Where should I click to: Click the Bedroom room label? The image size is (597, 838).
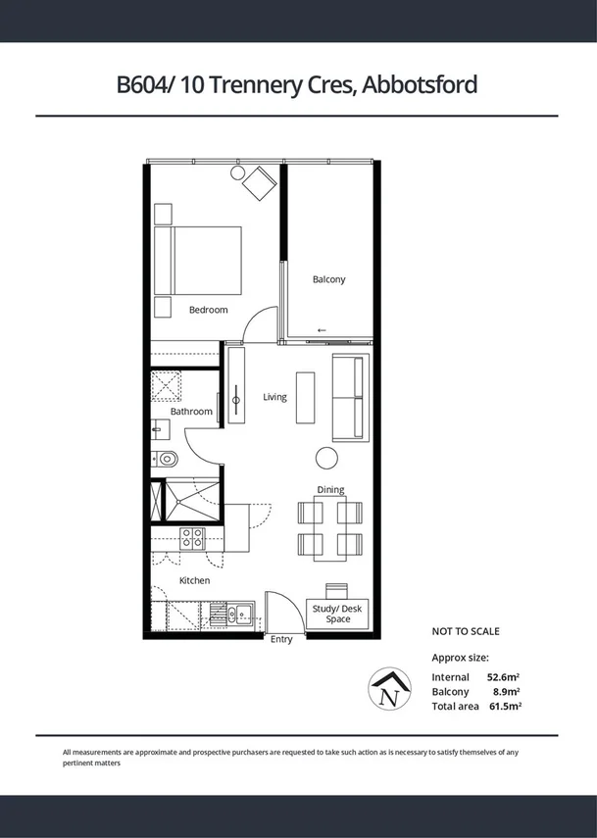tap(208, 310)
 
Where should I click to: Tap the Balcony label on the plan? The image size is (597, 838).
tap(328, 279)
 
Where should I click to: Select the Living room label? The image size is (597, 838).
tap(274, 397)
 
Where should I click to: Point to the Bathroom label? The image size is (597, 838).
tap(191, 412)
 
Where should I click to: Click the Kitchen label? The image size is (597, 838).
tap(194, 581)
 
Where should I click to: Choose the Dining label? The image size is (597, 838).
tap(330, 490)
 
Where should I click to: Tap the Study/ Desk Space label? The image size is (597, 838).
tap(337, 614)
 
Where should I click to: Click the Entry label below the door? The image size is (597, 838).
tap(281, 640)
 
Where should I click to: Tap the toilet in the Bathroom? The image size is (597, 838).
tap(167, 458)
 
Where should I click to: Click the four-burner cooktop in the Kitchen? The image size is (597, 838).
tap(191, 538)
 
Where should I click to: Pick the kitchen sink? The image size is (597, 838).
tap(240, 616)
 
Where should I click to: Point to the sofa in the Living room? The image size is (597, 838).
tap(350, 397)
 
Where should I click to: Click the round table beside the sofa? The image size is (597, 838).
tap(326, 458)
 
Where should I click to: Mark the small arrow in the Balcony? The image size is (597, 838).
tap(323, 330)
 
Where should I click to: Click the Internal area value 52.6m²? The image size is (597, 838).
tap(504, 677)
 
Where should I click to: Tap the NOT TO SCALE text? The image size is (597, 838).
tap(466, 631)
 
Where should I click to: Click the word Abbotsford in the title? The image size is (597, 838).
tap(420, 85)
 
